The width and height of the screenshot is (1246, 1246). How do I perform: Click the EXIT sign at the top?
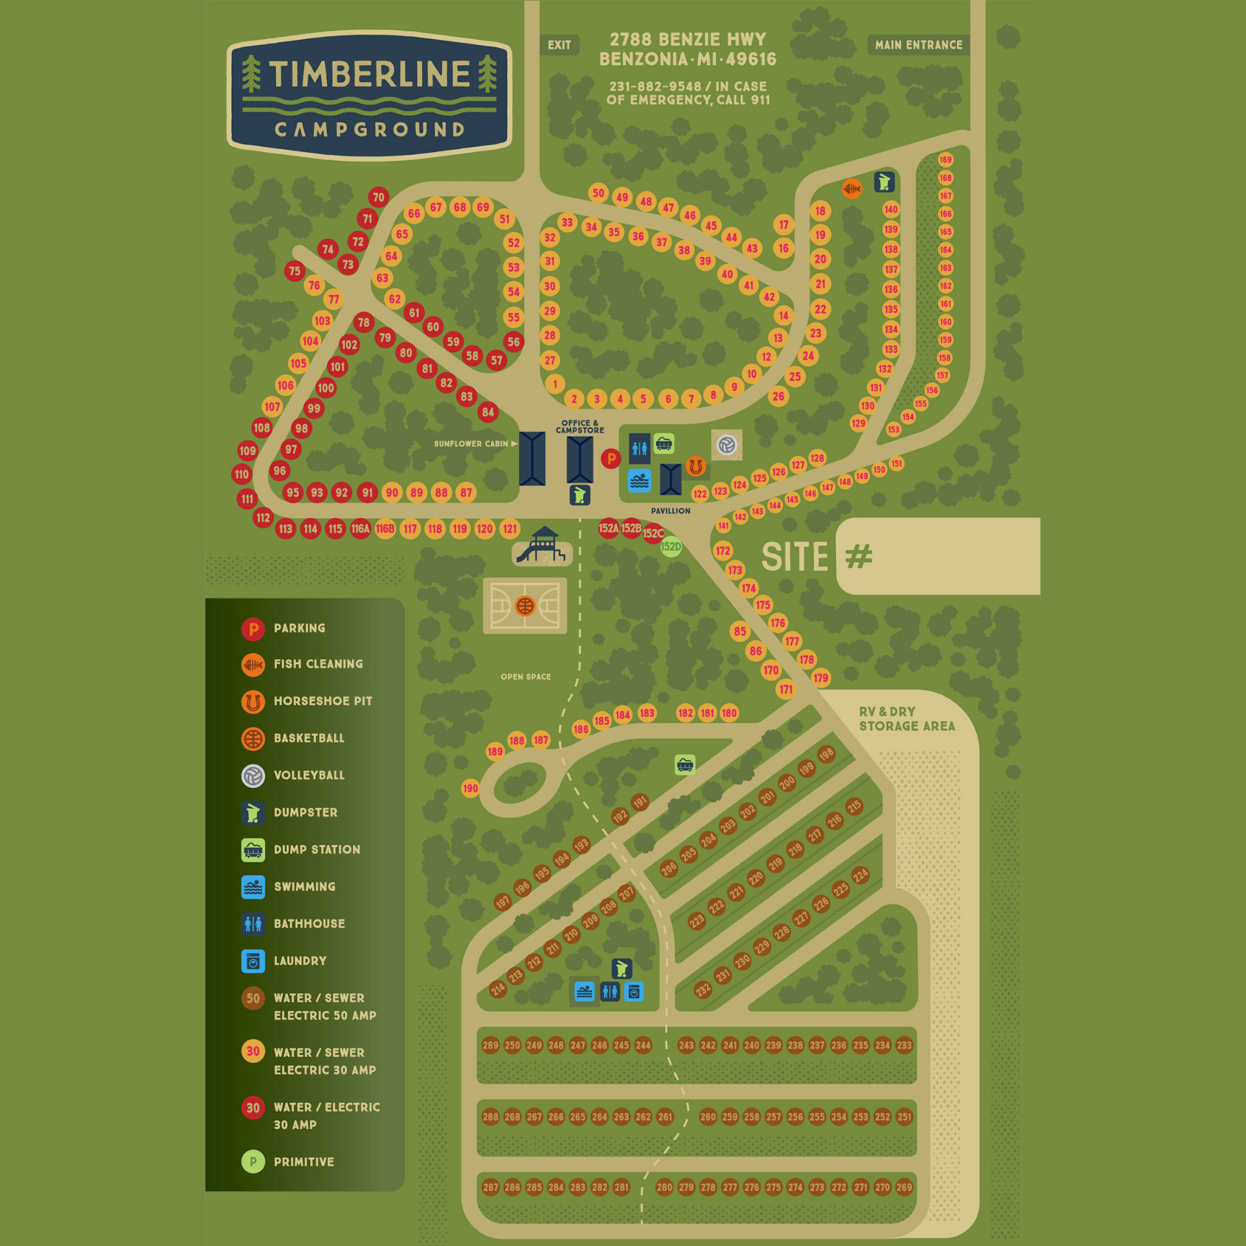[x=559, y=45]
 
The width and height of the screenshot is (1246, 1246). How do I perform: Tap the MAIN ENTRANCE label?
[x=918, y=45]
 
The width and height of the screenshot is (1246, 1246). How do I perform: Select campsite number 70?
[x=378, y=197]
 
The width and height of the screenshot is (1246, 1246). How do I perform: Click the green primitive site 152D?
[x=670, y=547]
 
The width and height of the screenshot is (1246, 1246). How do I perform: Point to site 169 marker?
[x=945, y=160]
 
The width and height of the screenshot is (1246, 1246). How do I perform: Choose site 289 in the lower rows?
[x=490, y=1045]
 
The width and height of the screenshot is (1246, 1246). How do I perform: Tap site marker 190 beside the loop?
[x=471, y=788]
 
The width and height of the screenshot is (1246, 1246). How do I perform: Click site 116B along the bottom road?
[x=385, y=529]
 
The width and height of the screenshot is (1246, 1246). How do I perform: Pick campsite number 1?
[x=555, y=385]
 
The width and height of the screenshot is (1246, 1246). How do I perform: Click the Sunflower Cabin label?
[x=472, y=444]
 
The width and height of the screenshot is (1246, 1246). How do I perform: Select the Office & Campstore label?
[x=580, y=427]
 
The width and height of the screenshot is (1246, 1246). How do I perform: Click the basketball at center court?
[x=525, y=606]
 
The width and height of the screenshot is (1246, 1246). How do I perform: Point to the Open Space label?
[x=526, y=677]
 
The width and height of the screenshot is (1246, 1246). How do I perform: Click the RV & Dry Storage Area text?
[x=906, y=719]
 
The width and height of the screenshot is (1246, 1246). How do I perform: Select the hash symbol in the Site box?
[x=858, y=556]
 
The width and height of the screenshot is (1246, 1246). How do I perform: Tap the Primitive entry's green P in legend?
[x=253, y=1161]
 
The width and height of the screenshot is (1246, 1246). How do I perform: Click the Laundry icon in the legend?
[x=253, y=961]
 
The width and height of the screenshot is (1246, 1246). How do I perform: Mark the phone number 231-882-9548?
[x=655, y=86]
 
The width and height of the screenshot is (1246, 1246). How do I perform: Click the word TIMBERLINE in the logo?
[x=369, y=74]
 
